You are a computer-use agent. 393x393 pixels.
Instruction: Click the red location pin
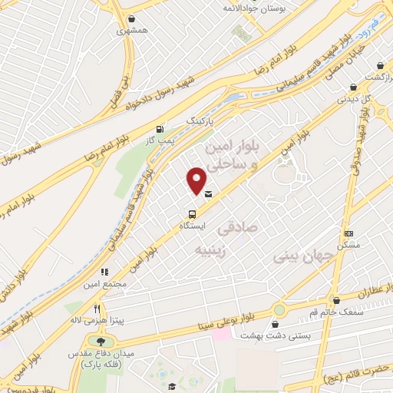click(197, 180)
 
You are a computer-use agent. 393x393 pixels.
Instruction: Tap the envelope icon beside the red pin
click(209, 195)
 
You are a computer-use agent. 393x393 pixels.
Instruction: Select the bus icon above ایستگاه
click(191, 215)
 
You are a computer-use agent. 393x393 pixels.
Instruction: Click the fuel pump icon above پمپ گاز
click(160, 129)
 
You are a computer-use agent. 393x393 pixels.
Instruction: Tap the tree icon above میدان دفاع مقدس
click(100, 340)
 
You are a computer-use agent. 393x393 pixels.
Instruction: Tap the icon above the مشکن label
click(349, 233)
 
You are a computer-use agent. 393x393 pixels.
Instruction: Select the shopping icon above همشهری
click(132, 19)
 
